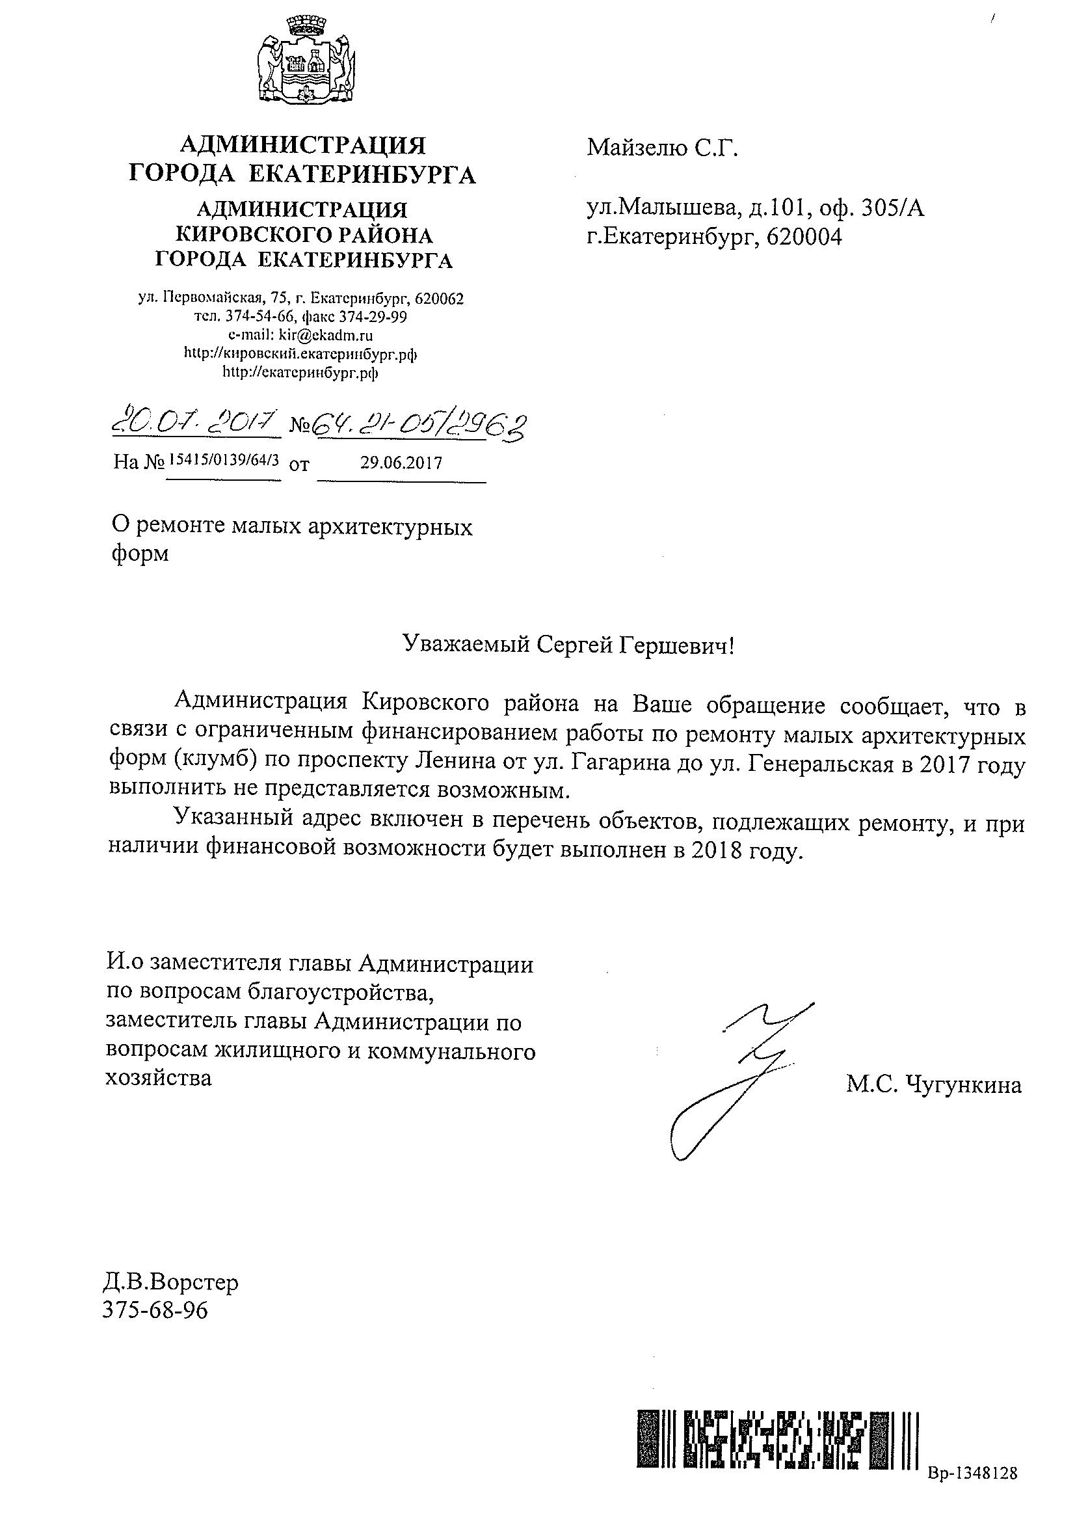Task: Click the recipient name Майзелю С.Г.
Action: [x=661, y=147]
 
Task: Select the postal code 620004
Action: [x=803, y=237]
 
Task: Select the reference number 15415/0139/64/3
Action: [x=224, y=458]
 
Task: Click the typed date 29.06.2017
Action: [x=401, y=463]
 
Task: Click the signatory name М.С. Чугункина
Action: [x=933, y=1085]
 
